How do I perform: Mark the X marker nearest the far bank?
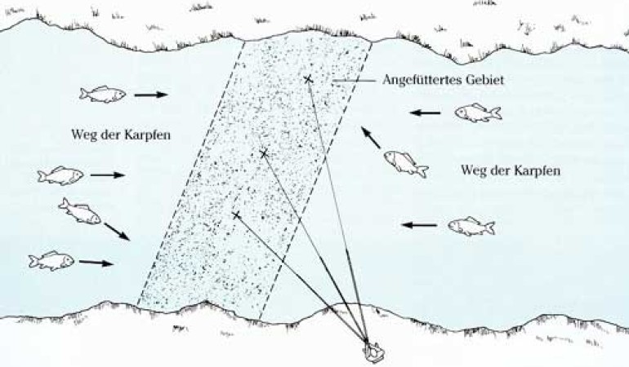tap(308, 79)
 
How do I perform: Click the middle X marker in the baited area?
tap(263, 153)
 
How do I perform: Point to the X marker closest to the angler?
tap(237, 215)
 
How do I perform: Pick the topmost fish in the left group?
tap(103, 95)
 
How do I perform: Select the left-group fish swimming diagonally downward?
tap(80, 212)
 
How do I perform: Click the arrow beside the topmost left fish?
tap(151, 95)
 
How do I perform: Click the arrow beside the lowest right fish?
tap(419, 223)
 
